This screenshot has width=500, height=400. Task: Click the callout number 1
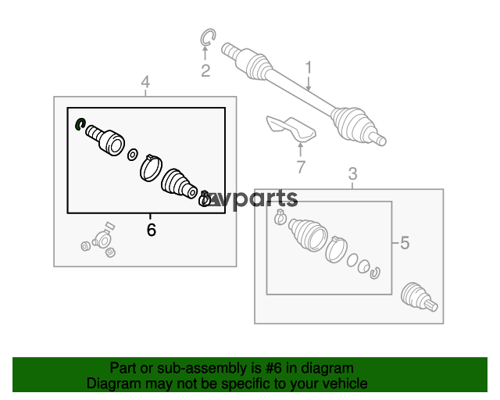point(308,68)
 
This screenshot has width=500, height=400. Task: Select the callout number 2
point(205,71)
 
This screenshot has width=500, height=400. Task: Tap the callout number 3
point(352,174)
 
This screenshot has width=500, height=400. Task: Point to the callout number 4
point(145,82)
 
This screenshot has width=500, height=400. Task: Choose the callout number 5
point(405,243)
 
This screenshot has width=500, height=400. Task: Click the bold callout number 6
point(152,230)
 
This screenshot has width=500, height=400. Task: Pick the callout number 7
point(301,167)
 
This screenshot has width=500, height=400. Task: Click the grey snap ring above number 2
point(208,37)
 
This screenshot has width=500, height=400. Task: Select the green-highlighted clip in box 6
point(80,123)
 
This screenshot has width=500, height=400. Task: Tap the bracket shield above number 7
point(291,129)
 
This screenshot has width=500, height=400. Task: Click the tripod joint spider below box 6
point(99,241)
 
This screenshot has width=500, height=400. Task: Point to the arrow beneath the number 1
point(309,84)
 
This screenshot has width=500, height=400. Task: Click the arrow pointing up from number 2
point(205,53)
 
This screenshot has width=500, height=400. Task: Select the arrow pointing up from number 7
point(300,150)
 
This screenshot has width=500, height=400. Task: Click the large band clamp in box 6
point(151,168)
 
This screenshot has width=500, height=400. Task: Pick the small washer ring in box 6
point(133,155)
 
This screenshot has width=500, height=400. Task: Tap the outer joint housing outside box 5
point(419,297)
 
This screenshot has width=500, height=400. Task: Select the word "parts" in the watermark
point(266,198)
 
